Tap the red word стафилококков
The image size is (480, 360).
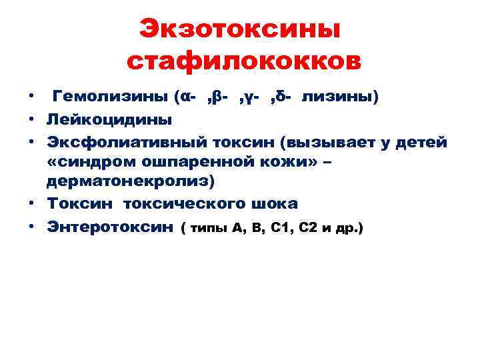click(243, 61)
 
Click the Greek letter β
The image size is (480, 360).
click(220, 97)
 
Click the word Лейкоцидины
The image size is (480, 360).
click(109, 120)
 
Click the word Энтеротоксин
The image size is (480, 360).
click(109, 227)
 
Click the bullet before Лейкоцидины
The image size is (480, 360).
click(32, 120)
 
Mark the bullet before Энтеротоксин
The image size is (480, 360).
click(32, 227)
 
